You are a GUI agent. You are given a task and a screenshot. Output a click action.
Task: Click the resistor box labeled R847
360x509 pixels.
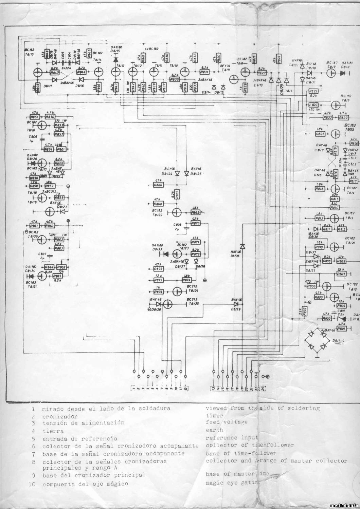coord(55,73)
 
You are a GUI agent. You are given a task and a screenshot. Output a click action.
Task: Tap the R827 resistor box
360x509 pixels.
coord(262,73)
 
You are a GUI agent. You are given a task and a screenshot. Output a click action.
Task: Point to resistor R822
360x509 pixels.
coord(327,117)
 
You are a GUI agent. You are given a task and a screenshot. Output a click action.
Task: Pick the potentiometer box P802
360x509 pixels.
coord(62,267)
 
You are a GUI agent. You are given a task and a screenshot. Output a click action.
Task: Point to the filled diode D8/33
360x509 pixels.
coord(166,254)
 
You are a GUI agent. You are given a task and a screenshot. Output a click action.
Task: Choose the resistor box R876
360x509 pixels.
coord(158,291)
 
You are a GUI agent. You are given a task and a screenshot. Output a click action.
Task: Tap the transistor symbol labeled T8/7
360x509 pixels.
coord(331,74)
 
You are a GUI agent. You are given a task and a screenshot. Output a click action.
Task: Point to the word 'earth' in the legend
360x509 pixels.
coord(214,430)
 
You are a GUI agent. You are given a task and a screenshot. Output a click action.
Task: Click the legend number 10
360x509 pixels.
coord(33,484)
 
